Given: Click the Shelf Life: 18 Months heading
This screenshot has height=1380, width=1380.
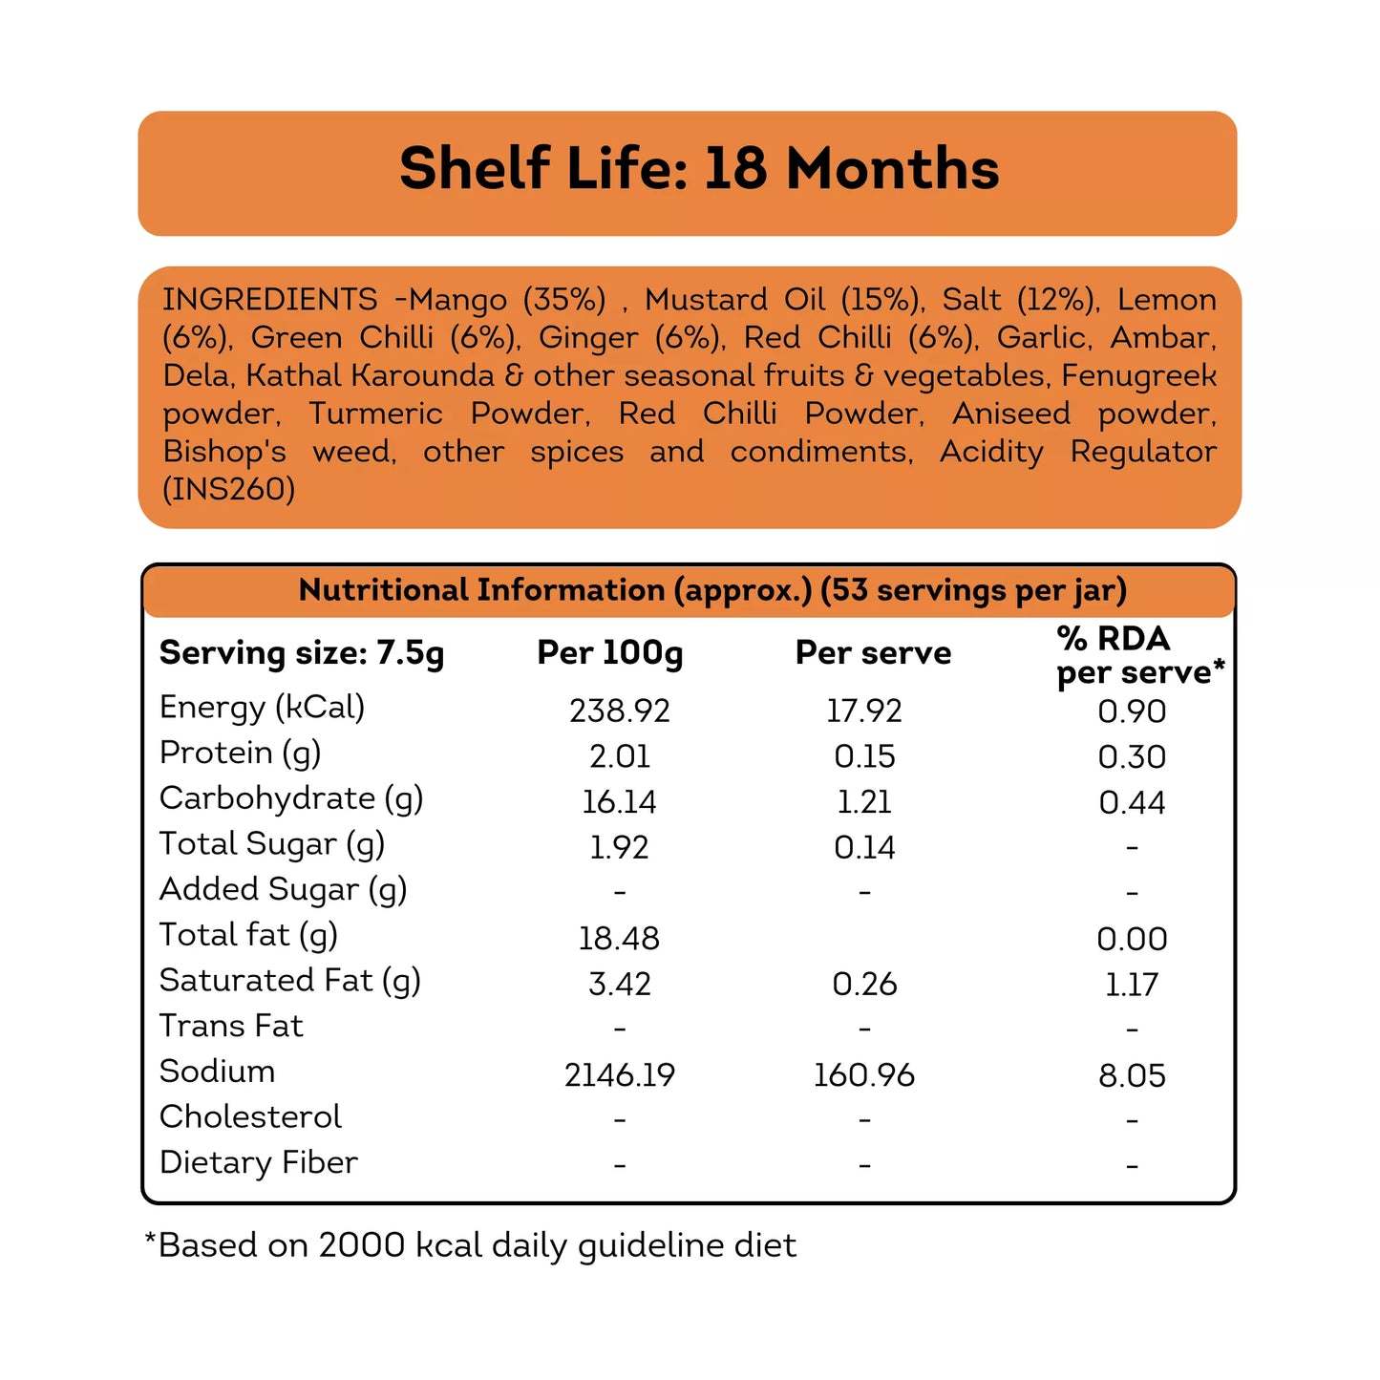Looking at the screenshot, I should (699, 169).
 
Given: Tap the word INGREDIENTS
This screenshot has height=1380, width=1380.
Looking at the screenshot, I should (269, 300).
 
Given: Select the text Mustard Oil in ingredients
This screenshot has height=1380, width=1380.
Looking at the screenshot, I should (734, 300).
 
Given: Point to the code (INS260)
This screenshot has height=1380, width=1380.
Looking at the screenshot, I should (229, 489).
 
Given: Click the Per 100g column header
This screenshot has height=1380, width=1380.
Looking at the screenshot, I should (610, 653).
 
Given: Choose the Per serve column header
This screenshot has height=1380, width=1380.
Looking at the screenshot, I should (873, 653).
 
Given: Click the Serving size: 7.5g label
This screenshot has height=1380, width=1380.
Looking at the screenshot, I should (302, 653).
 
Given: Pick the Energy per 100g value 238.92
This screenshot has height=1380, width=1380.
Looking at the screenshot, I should (620, 711).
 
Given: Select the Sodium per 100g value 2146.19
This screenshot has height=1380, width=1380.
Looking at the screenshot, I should (620, 1075).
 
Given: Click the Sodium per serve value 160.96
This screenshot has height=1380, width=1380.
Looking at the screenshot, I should (864, 1075).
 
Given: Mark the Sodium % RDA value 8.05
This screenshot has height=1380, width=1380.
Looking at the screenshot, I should (1132, 1076).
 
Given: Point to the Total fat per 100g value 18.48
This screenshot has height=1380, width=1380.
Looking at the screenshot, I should (619, 939).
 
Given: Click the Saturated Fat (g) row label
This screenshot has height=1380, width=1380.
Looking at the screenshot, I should (290, 981).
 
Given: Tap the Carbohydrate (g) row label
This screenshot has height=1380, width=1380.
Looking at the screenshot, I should (291, 798).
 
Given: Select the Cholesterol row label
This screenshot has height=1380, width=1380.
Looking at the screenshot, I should (250, 1116).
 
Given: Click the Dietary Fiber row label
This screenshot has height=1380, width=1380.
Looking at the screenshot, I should (258, 1162).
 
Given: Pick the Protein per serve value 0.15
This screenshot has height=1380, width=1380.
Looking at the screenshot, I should (864, 756).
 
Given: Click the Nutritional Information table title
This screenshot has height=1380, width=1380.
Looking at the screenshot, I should (712, 590).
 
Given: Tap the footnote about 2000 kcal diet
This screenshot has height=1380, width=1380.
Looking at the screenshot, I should (470, 1245).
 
